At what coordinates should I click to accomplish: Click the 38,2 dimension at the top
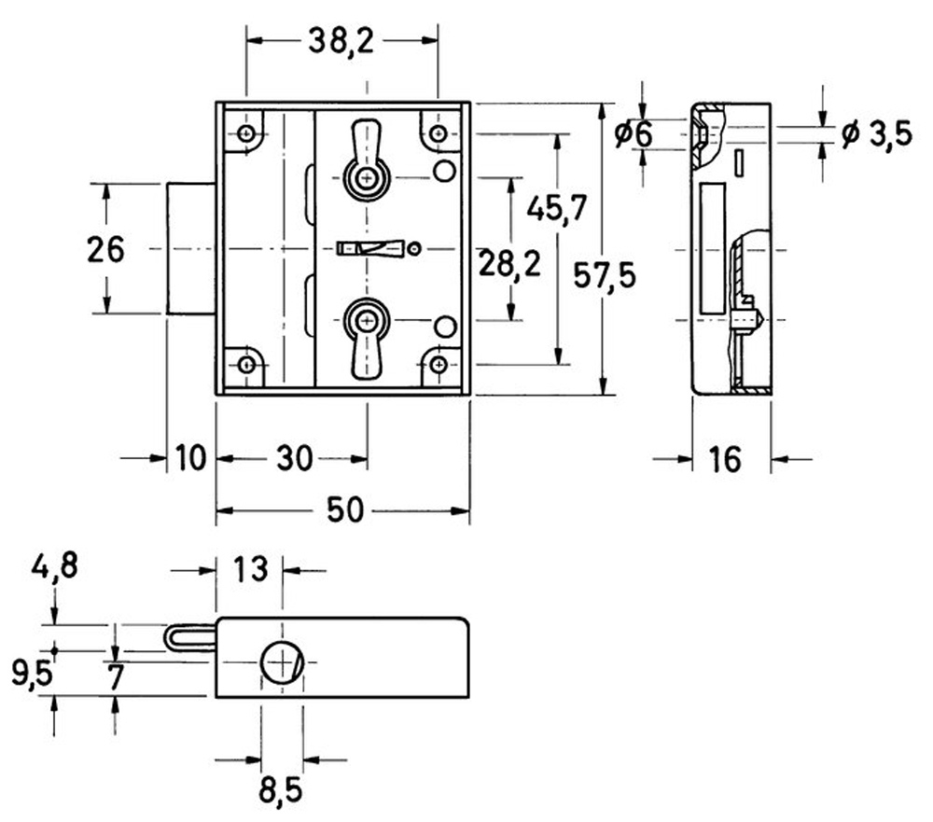coord(341,42)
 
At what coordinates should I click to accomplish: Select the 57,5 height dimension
coord(605,275)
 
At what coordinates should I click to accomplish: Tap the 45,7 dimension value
coord(557,208)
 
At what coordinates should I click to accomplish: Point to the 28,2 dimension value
coord(510,264)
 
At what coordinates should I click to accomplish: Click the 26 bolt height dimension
coord(105,249)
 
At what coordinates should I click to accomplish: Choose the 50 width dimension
coord(345,510)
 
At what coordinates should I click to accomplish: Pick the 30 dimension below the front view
coord(295,459)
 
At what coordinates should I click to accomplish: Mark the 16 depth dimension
coord(725,459)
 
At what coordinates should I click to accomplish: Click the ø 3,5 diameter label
coord(876,134)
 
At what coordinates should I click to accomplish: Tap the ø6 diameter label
coord(634,134)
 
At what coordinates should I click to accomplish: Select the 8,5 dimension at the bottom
coord(281,791)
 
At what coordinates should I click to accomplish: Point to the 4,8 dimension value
coord(55,565)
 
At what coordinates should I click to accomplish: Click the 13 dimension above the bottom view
coord(250,570)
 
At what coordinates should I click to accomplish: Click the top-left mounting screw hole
coord(246,133)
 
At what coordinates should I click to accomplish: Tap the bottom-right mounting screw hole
coord(439,364)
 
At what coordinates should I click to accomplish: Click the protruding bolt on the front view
coord(191,249)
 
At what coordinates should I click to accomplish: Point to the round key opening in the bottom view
coord(282,662)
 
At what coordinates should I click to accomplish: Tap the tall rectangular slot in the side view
coord(713,248)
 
